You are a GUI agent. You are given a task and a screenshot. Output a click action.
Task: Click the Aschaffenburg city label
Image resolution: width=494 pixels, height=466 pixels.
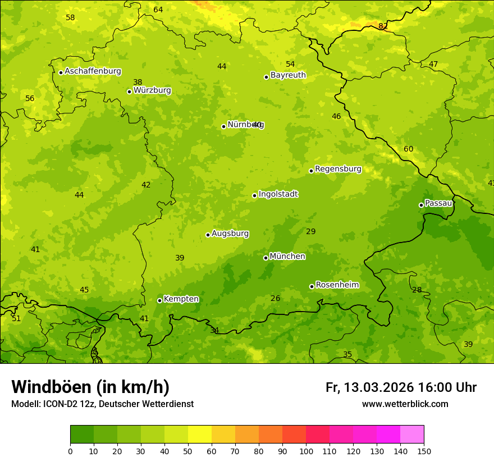[x=93, y=71]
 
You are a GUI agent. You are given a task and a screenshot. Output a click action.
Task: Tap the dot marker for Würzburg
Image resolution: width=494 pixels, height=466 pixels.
[x=129, y=92]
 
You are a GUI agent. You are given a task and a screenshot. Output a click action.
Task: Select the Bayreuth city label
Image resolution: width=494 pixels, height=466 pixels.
[x=288, y=75]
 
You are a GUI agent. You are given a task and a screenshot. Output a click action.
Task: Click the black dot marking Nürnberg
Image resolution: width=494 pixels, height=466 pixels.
[x=223, y=126]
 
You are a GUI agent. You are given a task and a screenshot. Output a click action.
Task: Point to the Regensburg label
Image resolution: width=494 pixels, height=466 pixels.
[x=338, y=169]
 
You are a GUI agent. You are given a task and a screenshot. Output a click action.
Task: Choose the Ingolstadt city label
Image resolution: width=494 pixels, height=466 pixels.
[x=278, y=194]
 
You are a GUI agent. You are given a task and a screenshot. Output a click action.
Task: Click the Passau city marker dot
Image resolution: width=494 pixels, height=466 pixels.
[x=421, y=205]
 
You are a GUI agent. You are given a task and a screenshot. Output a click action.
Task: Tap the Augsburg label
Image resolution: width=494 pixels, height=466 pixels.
[x=230, y=234]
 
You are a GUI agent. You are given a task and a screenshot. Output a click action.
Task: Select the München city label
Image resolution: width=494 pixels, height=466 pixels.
[x=287, y=257]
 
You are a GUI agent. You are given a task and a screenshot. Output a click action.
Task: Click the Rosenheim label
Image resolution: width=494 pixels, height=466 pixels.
[x=337, y=285]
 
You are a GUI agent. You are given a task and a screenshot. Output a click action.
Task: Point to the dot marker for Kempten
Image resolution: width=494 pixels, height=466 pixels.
[x=159, y=300]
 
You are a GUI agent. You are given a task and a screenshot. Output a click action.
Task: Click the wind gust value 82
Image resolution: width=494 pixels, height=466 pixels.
[x=383, y=26]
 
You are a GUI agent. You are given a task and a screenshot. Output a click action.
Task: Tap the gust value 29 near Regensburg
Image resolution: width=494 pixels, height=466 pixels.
[x=311, y=232]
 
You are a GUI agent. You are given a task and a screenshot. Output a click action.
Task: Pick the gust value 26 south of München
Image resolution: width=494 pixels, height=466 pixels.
[x=275, y=299]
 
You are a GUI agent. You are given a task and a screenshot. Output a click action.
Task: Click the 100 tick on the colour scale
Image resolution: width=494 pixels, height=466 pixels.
[x=306, y=451]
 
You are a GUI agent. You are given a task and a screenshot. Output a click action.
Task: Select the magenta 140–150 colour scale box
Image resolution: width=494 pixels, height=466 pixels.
[x=412, y=434]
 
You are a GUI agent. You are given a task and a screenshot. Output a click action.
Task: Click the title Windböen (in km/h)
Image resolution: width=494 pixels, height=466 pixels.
[x=90, y=387]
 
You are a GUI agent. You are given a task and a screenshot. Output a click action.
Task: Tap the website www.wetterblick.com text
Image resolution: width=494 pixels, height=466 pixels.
[x=405, y=404]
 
